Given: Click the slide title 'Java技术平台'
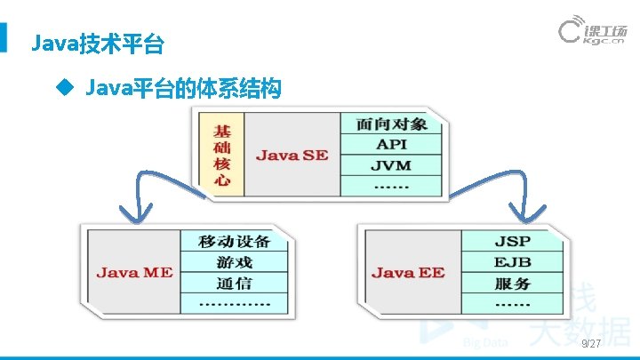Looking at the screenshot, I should tap(97, 42).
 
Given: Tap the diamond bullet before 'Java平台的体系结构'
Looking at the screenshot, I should tap(61, 88).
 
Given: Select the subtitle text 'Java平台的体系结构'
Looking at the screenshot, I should tap(183, 88).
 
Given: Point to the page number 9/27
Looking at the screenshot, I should tap(590, 344).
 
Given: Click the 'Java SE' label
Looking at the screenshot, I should tap(292, 155).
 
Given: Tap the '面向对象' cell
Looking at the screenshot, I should tap(391, 123).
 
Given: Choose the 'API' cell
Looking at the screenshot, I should tap(391, 144).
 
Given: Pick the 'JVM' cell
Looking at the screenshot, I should tap(391, 165).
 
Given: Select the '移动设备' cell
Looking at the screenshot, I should tap(235, 241).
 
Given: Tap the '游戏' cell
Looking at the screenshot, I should tap(235, 262).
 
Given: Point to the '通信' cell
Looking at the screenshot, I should tap(235, 284).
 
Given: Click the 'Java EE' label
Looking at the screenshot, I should tap(408, 272).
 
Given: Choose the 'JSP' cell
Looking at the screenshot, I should tap(512, 241).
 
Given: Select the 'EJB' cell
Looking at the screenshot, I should tap(512, 262).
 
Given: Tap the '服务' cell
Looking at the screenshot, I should tap(512, 284).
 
